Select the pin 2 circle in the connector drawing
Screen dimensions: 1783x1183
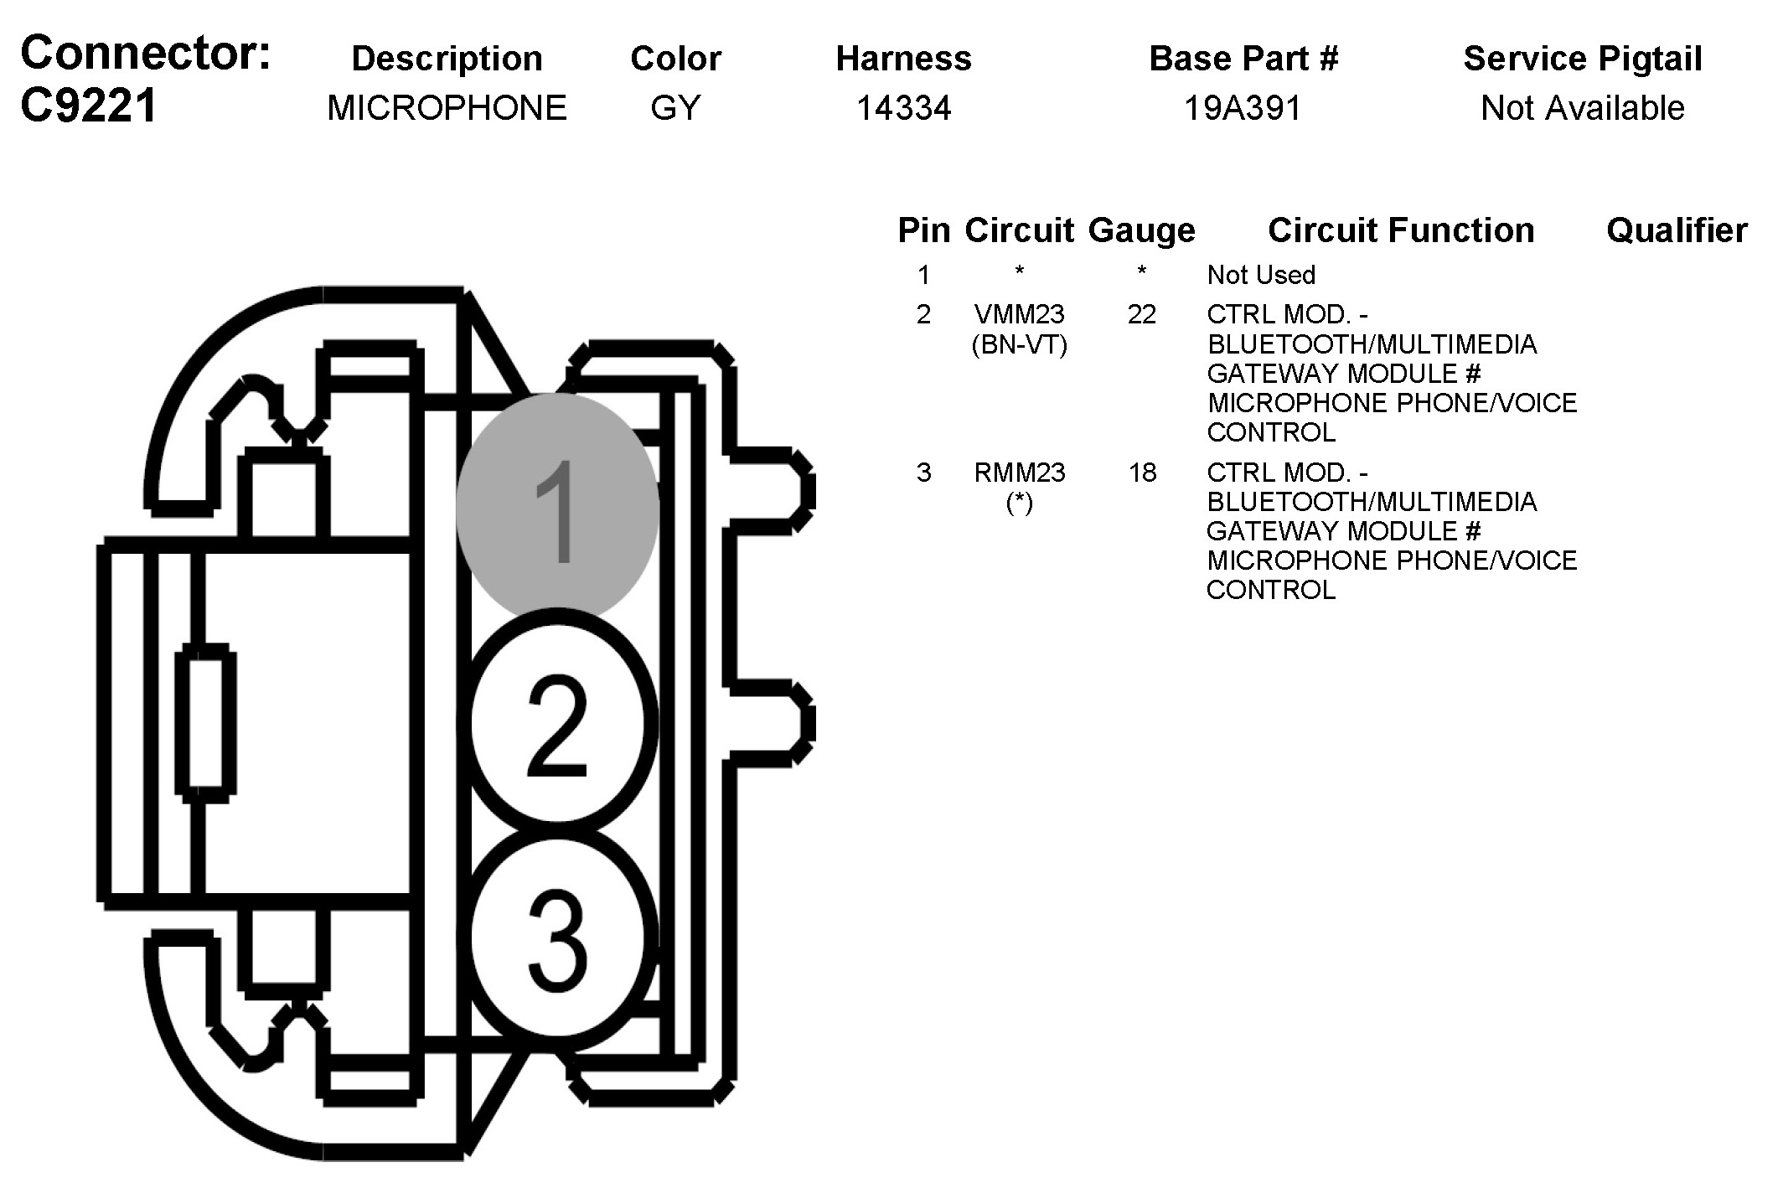[557, 722]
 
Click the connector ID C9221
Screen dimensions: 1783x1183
[89, 106]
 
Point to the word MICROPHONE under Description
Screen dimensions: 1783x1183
[447, 108]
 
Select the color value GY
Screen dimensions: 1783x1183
[675, 108]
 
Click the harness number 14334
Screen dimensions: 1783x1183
[904, 108]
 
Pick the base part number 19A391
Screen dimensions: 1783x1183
[1243, 108]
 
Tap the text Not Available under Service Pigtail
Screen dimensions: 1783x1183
[1583, 108]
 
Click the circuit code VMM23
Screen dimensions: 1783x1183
[1020, 314]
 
